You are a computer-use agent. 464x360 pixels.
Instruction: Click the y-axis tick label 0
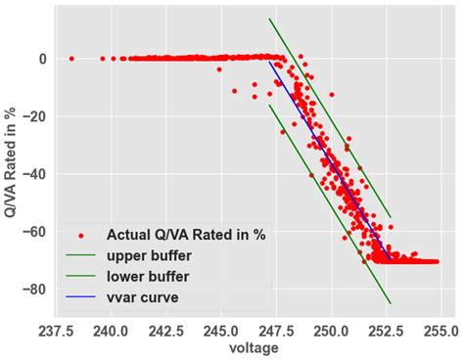(x=43, y=59)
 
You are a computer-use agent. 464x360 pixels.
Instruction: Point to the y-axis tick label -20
(x=35, y=116)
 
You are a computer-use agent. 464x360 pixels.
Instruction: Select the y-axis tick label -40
(x=35, y=174)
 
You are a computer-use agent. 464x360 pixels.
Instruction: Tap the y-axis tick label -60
(x=35, y=232)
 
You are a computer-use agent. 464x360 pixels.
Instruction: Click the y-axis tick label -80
(x=35, y=290)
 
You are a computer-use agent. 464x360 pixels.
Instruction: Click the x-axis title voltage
(x=253, y=347)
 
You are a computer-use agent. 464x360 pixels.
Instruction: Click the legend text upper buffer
(x=153, y=255)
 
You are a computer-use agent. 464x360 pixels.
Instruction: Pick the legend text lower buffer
(x=153, y=276)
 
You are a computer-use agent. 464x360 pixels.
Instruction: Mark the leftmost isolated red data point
(x=70, y=59)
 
